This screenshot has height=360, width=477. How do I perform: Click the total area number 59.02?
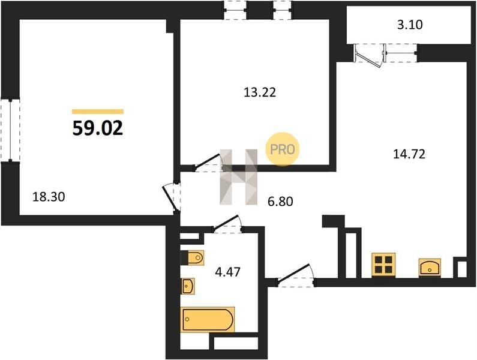coord(98,128)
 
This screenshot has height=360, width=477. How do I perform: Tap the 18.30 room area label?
coord(49,197)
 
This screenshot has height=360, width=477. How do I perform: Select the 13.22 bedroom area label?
coord(260,92)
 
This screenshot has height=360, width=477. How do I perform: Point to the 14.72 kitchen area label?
coord(409,154)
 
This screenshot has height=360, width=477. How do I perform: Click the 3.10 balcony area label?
coord(410,25)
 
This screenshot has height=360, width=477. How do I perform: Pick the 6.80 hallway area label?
coord(280,201)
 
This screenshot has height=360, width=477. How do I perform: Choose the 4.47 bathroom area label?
coord(227,272)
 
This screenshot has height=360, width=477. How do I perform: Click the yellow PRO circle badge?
coord(283,149)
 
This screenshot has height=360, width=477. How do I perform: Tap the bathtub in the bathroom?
coord(208,319)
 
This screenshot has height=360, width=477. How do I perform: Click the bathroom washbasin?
coord(188,286)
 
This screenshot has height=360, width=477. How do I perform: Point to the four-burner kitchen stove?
coord(383,265)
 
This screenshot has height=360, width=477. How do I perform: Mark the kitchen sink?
coord(430,268)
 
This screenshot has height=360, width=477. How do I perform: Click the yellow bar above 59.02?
coord(98,112)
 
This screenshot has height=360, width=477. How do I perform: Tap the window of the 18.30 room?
coord(10,130)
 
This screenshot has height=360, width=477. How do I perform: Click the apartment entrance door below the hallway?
coord(295,277)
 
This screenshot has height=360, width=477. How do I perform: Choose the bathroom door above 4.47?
coord(227,224)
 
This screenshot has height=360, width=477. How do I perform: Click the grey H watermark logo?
coord(239,177)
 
